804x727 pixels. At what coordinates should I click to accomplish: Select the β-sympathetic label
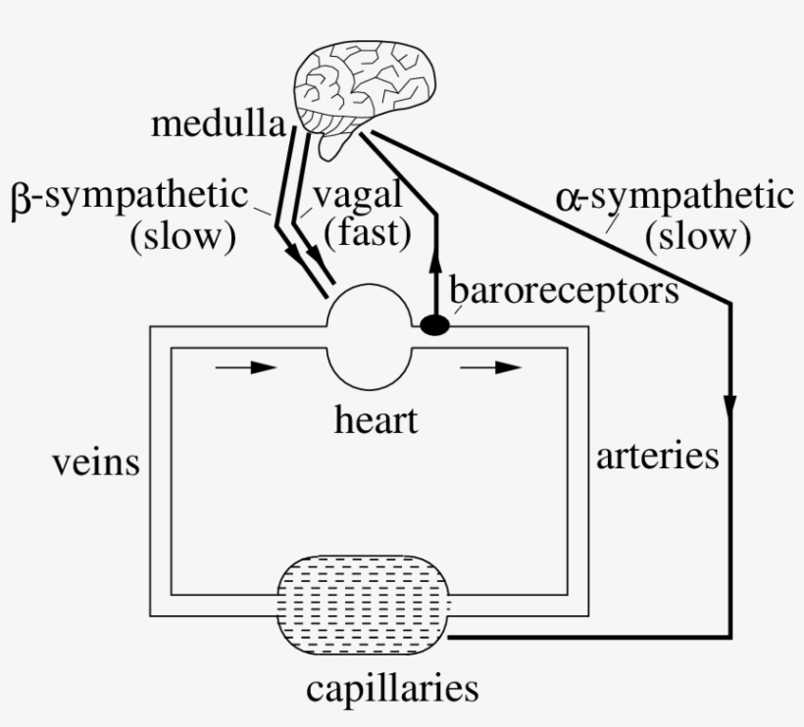pos(130,196)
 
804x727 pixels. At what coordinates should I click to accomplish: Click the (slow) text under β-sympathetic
pos(183,237)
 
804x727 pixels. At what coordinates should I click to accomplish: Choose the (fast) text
pos(367,235)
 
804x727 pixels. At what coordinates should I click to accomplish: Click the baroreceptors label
pos(564,290)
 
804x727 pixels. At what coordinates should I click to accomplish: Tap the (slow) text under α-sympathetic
pos(697,236)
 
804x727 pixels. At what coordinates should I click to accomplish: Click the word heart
pos(376,421)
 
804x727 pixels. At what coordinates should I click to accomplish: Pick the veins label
pos(95,461)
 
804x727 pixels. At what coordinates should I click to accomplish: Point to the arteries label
pos(658,456)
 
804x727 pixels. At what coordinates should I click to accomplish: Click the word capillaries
pos(392,689)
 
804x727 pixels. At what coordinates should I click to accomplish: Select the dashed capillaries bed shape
pos(365,606)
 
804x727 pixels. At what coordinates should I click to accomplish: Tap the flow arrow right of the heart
pos(492,368)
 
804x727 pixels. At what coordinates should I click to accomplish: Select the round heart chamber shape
pos(369,333)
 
